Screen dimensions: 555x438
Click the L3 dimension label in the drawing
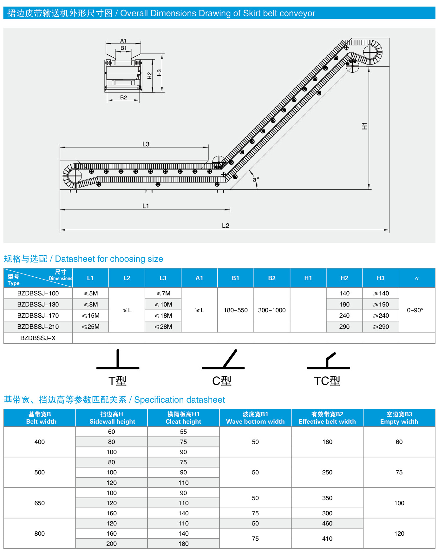(146, 144)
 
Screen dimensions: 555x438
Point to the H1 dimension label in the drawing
(364, 126)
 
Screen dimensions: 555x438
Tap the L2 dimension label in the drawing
(226, 226)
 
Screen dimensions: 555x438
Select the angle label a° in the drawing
(256, 179)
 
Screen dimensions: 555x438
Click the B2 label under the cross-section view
(123, 97)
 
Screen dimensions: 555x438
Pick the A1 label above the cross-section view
(123, 41)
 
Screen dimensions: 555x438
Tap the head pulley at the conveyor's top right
(370, 52)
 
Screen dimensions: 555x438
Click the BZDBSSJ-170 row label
(38, 315)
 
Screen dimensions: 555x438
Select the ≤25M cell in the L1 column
(91, 327)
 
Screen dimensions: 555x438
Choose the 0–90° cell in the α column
(415, 310)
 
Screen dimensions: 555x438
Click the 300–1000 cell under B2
(272, 310)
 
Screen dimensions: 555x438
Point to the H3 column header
(381, 278)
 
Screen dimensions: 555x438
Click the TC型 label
(327, 381)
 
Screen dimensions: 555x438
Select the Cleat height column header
(183, 418)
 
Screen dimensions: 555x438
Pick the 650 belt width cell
(40, 503)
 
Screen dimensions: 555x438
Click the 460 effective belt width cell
(327, 523)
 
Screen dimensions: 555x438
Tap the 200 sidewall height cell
(112, 544)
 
